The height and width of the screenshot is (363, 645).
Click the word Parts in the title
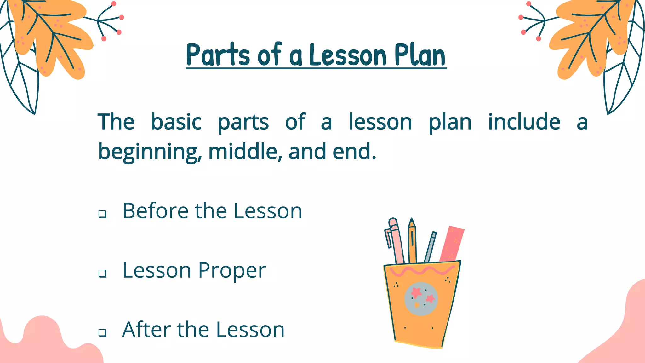218,55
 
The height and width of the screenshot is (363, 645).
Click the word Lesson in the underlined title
348,55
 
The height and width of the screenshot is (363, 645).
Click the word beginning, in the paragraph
150,152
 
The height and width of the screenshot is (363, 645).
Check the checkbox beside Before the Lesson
102,214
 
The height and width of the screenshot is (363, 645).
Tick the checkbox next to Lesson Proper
102,273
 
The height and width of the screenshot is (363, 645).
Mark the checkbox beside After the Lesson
102,332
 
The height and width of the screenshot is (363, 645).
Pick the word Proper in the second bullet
232,270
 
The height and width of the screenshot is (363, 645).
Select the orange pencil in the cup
412,241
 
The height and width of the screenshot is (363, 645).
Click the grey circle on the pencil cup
421,299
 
